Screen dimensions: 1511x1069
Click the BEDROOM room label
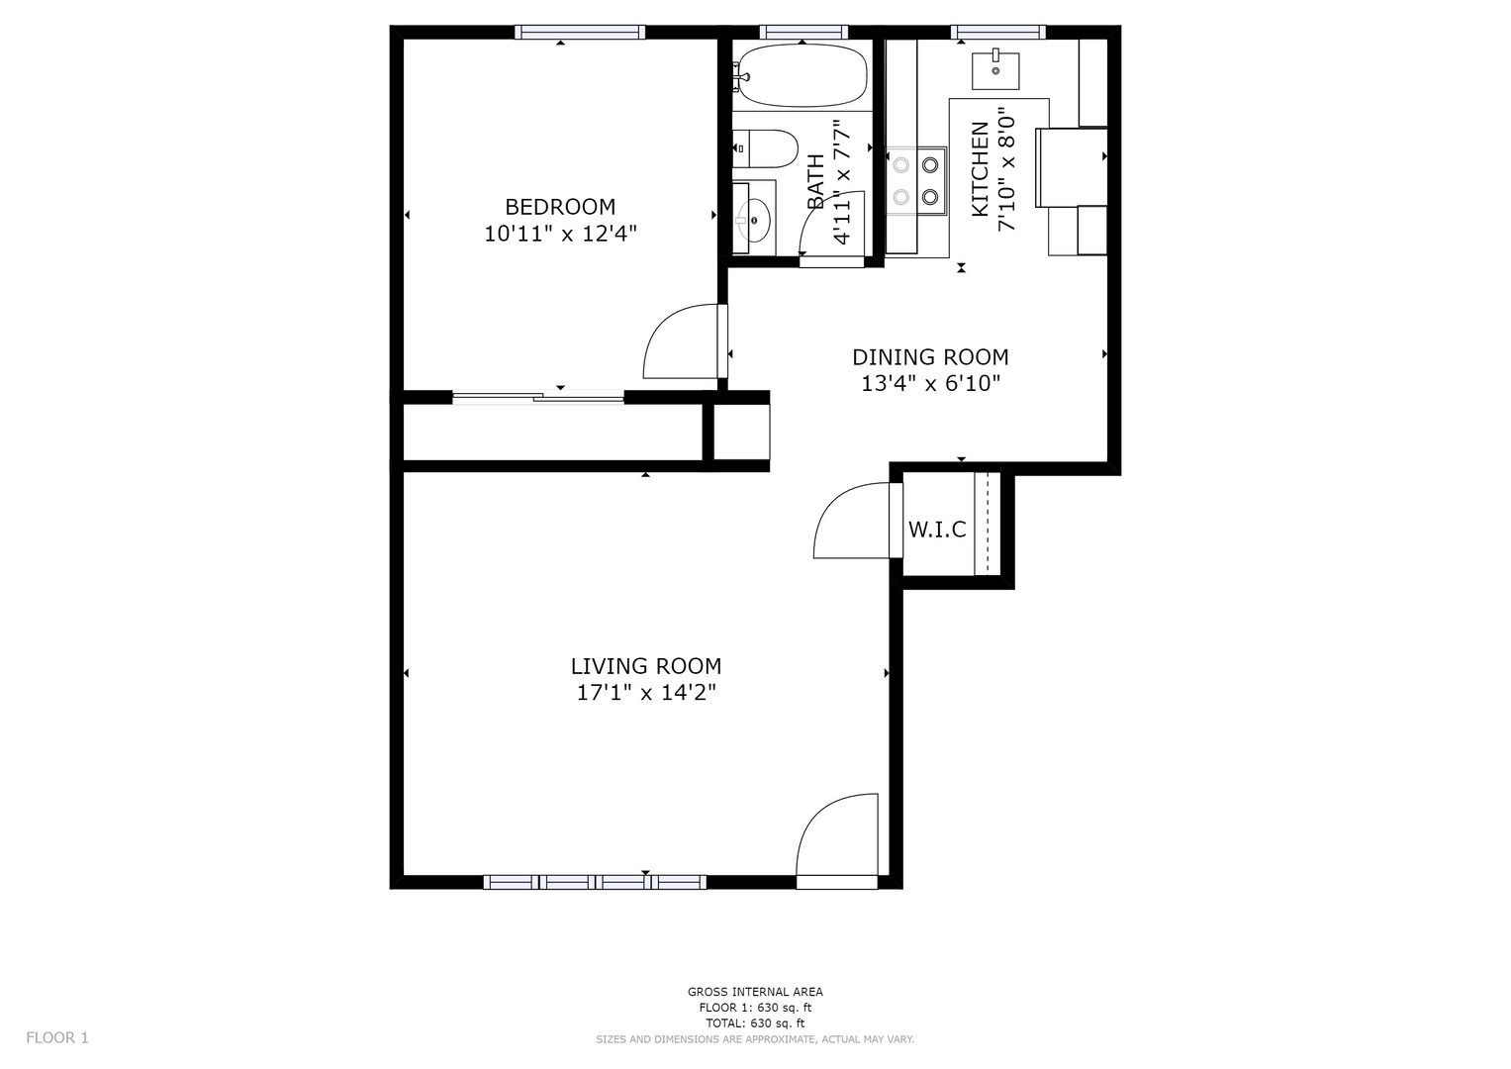560,207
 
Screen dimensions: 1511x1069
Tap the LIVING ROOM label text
646,666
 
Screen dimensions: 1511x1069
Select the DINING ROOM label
930,357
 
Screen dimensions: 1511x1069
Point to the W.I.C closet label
937,530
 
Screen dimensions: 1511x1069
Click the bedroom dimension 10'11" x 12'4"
560,235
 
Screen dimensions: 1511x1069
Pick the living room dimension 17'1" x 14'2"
646,693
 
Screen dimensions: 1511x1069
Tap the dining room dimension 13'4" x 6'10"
930,383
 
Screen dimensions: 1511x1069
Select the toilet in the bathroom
765,149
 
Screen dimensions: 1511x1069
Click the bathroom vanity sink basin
755,220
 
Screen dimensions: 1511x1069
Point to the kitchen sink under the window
995,71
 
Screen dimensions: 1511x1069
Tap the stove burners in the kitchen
916,180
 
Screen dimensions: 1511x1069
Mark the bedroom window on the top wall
580,32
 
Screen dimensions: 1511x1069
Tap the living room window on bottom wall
595,882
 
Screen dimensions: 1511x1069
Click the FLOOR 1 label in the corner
57,1037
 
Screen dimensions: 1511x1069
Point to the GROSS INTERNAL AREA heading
755,992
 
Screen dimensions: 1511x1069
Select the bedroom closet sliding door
538,398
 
